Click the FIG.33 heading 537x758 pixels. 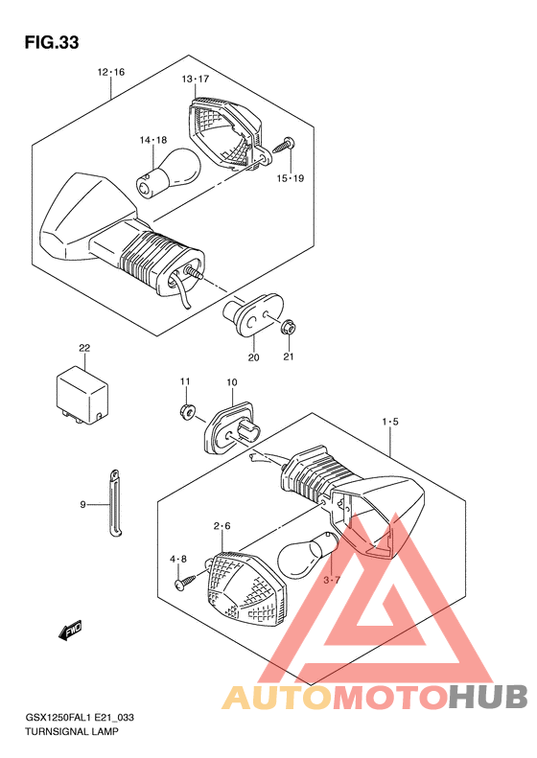click(52, 42)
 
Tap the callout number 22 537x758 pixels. click(84, 348)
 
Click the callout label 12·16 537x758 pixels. click(111, 72)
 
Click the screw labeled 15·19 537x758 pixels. click(285, 145)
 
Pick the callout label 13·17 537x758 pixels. click(195, 79)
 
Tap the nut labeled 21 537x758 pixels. click(289, 328)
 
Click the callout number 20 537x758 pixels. click(253, 357)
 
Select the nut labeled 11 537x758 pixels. click(186, 411)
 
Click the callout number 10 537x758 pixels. click(232, 382)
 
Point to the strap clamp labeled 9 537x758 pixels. click(114, 503)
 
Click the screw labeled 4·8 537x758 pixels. click(186, 581)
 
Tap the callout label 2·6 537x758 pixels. click(222, 526)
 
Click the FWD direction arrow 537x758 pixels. click(70, 631)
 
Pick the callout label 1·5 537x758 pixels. click(390, 422)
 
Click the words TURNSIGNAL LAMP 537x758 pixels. click(72, 731)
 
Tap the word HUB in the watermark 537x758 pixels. click(488, 697)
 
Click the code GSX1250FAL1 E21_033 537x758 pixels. click(80, 718)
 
